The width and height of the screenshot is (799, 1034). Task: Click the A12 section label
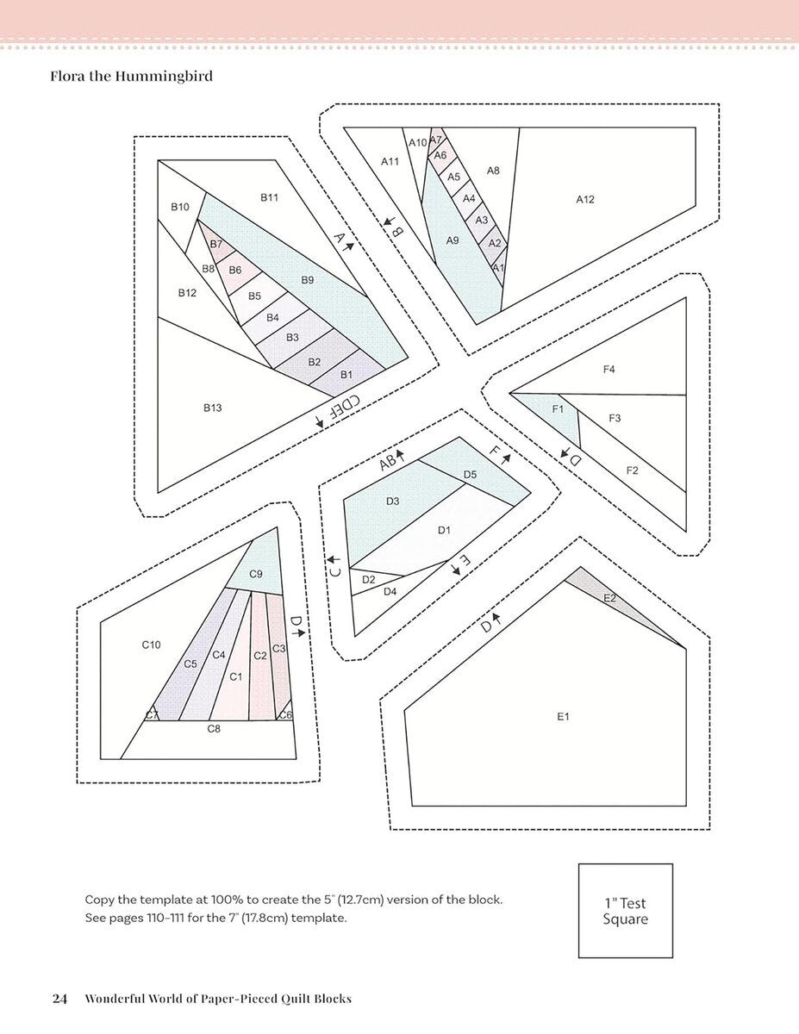(x=585, y=199)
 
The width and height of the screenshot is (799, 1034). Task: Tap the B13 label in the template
(x=213, y=408)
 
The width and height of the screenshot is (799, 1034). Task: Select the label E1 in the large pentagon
(x=563, y=716)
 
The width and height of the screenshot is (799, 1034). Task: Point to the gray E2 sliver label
(x=609, y=598)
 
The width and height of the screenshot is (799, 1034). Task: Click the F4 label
(x=609, y=369)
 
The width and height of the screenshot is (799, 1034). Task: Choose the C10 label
(x=152, y=645)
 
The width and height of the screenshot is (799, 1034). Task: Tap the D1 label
(x=444, y=530)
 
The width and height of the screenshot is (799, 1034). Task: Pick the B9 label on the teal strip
(x=308, y=280)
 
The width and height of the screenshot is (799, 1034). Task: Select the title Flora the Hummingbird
(x=131, y=76)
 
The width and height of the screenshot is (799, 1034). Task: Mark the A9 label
(x=453, y=240)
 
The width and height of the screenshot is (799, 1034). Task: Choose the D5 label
(x=470, y=475)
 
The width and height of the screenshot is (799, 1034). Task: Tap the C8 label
(x=214, y=728)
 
